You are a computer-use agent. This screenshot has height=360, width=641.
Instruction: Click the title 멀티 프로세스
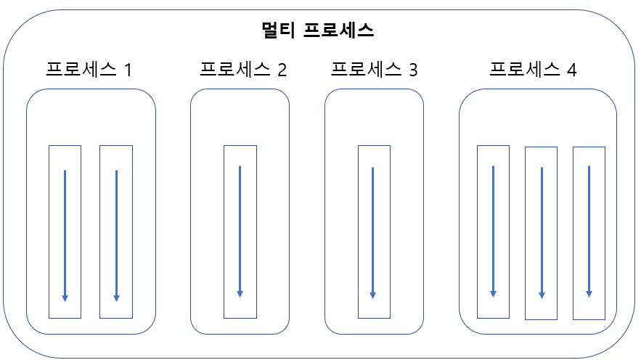[x=317, y=30]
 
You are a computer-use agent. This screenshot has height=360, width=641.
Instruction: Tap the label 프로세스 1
[x=89, y=70]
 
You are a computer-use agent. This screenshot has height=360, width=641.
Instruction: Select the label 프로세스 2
[x=243, y=70]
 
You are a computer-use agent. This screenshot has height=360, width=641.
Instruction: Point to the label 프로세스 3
[x=374, y=70]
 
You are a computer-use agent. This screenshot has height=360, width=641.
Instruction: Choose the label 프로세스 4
[x=533, y=70]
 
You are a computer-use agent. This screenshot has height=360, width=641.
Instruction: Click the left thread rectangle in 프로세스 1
[x=65, y=232]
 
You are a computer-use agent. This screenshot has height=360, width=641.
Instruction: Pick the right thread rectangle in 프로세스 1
[x=116, y=232]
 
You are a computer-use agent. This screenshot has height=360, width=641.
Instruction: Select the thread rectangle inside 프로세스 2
[x=240, y=232]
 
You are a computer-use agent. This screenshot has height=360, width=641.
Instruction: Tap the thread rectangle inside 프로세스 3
[x=374, y=232]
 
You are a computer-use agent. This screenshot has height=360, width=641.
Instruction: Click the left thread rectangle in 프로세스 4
[x=493, y=232]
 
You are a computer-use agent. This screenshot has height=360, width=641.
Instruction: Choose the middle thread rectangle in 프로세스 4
[x=541, y=233]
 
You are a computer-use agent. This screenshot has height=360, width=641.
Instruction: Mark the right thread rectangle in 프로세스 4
[x=589, y=233]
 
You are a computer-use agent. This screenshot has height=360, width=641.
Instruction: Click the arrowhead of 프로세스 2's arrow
[x=240, y=294]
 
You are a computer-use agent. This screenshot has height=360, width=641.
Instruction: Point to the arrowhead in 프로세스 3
[x=373, y=295]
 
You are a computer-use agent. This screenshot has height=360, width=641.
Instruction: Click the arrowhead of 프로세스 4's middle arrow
[x=542, y=295]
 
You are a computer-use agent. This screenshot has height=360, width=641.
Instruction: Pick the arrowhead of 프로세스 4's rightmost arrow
[x=589, y=294]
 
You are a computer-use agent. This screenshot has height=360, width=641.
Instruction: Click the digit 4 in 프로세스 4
[x=571, y=70]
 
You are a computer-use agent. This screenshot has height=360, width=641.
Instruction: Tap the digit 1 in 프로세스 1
[x=128, y=70]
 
